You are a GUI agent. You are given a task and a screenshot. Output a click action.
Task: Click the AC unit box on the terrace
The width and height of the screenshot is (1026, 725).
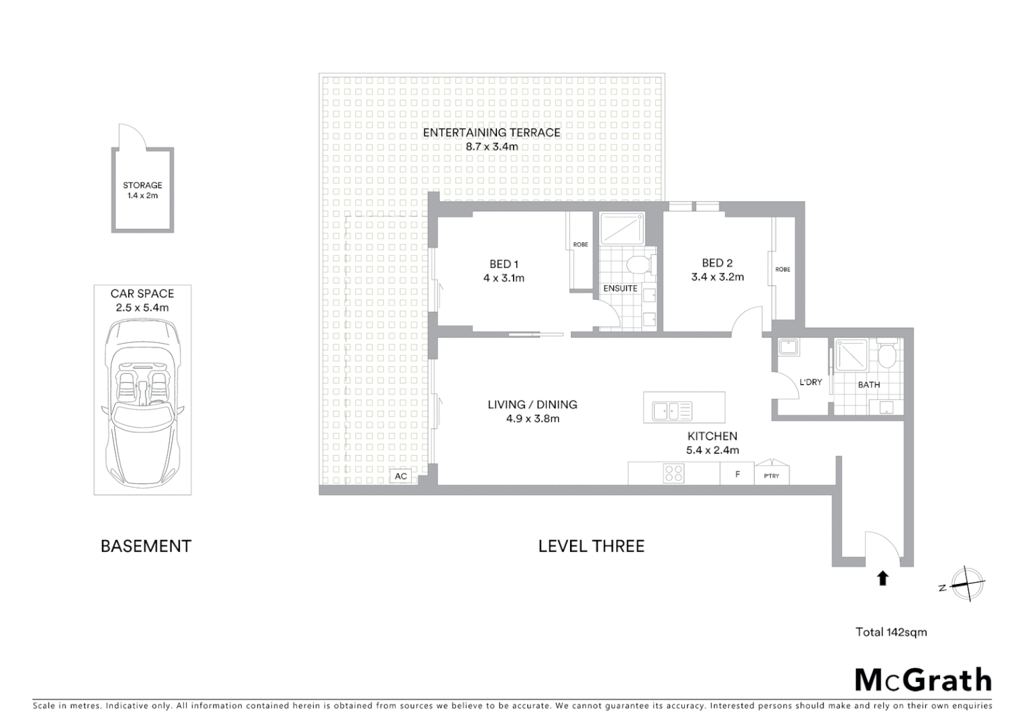(401, 476)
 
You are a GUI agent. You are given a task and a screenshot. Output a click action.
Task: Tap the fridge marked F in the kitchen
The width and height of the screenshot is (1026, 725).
(737, 474)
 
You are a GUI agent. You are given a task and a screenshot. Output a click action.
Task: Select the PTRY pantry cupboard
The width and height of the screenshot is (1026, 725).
(772, 475)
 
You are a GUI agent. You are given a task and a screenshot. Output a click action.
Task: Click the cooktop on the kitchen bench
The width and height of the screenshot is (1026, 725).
(673, 473)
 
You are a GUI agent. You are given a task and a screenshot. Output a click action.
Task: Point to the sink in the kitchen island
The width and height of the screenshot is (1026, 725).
(667, 409)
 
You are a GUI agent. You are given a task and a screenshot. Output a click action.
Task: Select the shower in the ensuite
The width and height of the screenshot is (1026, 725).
(621, 229)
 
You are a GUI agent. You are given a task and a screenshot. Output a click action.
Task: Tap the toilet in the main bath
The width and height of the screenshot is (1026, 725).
(887, 354)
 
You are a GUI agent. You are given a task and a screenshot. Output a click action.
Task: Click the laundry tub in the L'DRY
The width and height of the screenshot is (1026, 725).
(788, 348)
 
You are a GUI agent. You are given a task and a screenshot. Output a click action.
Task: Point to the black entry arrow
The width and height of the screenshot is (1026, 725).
(883, 578)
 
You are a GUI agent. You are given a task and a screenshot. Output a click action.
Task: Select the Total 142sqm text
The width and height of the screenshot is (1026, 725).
(891, 632)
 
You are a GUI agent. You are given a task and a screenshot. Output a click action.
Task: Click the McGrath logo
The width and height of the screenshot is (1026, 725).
(923, 680)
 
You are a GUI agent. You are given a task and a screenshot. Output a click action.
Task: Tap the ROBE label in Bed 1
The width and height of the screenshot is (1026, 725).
(581, 244)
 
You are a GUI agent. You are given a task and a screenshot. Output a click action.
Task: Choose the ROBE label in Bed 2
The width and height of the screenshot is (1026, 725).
(783, 269)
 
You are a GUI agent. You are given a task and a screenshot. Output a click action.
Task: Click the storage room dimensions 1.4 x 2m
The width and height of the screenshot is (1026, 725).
(142, 196)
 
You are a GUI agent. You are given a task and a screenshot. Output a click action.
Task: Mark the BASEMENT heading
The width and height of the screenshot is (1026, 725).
(146, 546)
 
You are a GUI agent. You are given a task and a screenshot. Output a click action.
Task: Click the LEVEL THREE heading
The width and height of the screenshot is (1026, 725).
(591, 546)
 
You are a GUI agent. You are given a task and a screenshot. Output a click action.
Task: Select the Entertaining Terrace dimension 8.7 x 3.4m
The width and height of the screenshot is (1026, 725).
(492, 146)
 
